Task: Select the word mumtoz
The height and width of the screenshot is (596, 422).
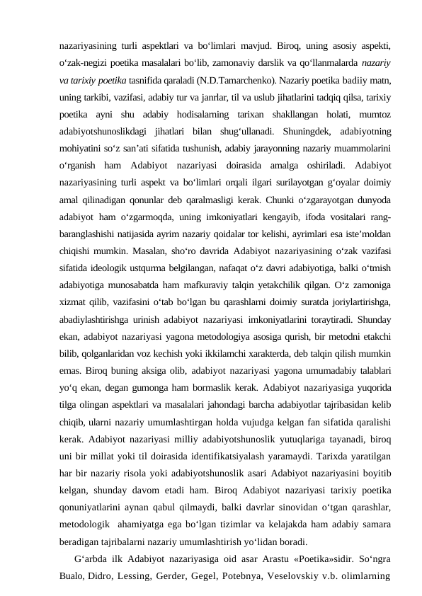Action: click(375, 115)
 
